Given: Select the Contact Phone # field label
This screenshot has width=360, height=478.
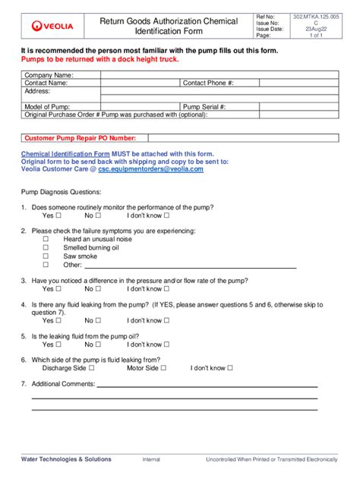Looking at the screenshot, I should [x=208, y=83].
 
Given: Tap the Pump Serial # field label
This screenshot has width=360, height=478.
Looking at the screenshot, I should [x=204, y=107].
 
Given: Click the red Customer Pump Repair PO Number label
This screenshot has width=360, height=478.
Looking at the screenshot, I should [x=81, y=138].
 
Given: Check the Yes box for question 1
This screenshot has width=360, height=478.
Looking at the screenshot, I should [x=58, y=215].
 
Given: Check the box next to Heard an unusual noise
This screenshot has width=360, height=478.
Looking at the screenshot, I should [x=46, y=239].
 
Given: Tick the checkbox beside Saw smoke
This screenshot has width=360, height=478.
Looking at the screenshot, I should [x=46, y=256].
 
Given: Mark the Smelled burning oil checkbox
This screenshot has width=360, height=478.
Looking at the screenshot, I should [x=46, y=247].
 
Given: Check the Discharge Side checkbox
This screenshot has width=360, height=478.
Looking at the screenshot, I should [x=91, y=368].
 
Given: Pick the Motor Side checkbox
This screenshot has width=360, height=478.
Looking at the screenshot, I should [x=163, y=368].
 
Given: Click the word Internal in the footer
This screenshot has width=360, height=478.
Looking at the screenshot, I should [x=151, y=460].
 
